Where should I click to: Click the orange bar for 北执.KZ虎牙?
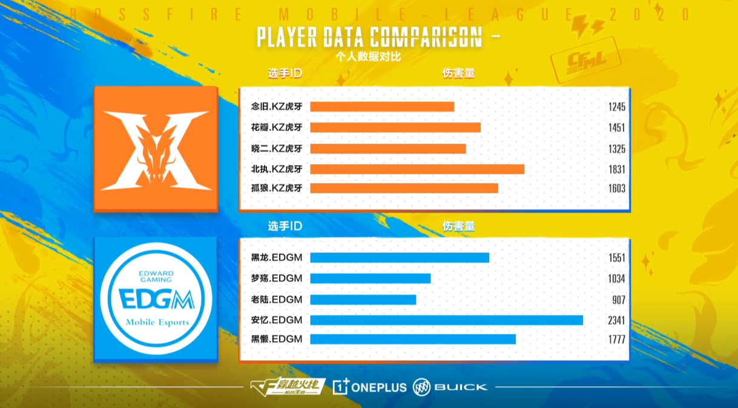417,169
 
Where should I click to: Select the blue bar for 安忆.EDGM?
446,320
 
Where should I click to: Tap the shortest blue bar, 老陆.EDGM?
363,299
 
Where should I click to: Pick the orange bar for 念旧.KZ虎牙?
382,107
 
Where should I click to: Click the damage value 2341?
617,321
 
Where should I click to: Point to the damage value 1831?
617,170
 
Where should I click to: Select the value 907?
618,300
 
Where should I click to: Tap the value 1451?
617,128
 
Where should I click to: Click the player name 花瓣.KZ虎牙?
276,127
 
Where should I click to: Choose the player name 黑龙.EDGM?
276,258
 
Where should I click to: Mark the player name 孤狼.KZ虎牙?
276,188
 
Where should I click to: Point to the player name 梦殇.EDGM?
276,278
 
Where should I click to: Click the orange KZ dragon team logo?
156,149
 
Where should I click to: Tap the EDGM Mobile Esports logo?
156,299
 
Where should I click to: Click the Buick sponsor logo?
450,387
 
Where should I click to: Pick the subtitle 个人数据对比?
369,57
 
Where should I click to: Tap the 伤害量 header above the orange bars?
458,73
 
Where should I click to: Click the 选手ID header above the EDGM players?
285,227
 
